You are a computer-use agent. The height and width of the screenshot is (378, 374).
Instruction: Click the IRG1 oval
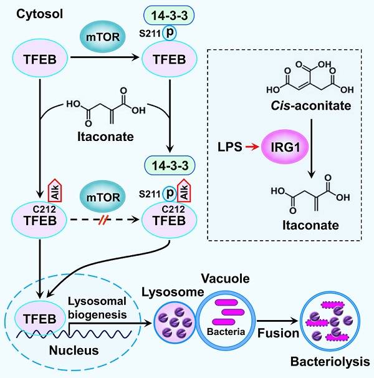(x=285, y=147)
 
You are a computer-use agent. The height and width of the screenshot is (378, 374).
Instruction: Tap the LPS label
(x=230, y=147)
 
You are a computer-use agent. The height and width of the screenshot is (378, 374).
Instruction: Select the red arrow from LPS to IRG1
(x=252, y=147)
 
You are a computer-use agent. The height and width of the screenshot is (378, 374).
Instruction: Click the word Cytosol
(x=39, y=14)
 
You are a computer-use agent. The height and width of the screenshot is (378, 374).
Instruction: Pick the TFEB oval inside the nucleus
(x=40, y=319)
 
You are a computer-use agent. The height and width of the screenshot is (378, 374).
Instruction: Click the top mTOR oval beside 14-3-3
(x=103, y=36)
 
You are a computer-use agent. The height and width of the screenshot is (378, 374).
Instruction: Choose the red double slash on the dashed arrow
(x=103, y=220)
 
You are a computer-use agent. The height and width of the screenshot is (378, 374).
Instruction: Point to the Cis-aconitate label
(x=310, y=105)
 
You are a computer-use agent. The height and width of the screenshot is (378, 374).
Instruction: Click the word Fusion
(x=279, y=333)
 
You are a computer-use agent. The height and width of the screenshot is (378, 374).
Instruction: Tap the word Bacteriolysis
(x=330, y=362)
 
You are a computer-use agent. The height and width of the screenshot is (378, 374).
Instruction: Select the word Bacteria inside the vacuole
(x=226, y=332)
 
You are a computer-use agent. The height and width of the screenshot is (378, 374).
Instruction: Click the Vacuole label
(x=225, y=278)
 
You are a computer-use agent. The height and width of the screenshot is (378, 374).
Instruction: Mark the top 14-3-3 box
(x=169, y=16)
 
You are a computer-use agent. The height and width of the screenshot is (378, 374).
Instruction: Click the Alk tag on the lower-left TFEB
(x=55, y=190)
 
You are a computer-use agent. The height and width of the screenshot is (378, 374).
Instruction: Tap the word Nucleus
(x=74, y=351)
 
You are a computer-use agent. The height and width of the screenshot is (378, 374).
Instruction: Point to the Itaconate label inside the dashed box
(x=310, y=225)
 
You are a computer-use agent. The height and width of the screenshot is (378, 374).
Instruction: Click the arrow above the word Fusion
(x=277, y=321)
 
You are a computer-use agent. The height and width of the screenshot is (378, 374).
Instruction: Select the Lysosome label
(x=173, y=292)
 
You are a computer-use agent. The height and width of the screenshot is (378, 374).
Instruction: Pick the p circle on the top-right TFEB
(x=170, y=33)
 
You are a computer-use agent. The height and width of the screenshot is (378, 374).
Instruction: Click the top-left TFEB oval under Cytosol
(x=40, y=59)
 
